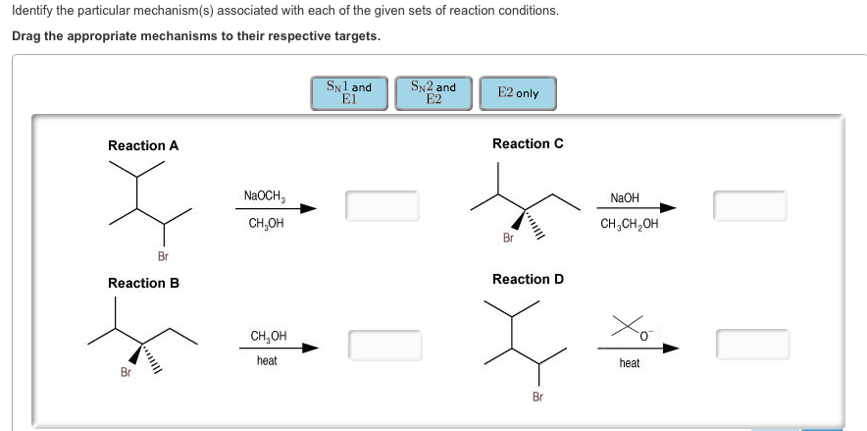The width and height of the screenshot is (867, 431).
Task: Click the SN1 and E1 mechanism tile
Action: click(348, 93)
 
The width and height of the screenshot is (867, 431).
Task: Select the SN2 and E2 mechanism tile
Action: click(433, 93)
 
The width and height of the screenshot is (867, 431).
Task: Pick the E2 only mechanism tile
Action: click(518, 93)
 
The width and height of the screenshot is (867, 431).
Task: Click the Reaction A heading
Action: click(143, 145)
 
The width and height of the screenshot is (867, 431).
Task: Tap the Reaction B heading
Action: click(143, 283)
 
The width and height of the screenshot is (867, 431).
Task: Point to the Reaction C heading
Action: click(528, 143)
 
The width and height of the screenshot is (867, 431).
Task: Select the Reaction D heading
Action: click(528, 279)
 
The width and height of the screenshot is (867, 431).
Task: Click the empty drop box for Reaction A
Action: click(382, 206)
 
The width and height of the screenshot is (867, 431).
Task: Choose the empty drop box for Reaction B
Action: click(384, 345)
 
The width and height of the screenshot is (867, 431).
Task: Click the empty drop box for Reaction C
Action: click(750, 206)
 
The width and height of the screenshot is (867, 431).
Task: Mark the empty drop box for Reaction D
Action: click(752, 344)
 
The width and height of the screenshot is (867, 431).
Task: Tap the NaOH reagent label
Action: click(625, 197)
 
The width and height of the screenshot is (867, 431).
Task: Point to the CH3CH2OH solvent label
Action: click(630, 223)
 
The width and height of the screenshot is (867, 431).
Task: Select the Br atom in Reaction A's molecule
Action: click(163, 256)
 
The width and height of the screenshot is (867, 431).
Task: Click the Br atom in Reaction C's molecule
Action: click(508, 238)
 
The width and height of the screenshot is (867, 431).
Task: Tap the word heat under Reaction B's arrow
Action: click(267, 361)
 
